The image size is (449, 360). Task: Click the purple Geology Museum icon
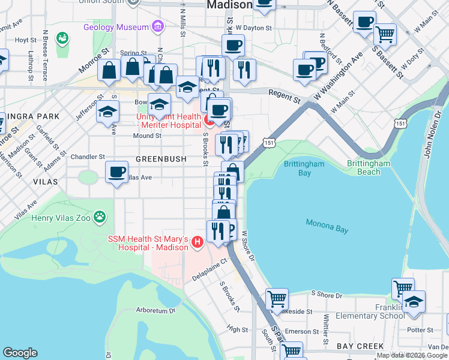157,27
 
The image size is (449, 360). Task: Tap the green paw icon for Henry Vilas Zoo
100,216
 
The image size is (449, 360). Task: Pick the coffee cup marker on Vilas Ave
116,173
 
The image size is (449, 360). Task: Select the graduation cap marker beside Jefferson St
107,112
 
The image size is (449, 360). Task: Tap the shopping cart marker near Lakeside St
277,298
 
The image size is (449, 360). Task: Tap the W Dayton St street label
254,28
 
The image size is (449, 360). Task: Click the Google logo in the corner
20,353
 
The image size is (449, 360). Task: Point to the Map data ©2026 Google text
412,355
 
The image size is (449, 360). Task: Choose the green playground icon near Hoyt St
62,39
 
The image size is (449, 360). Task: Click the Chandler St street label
88,157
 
